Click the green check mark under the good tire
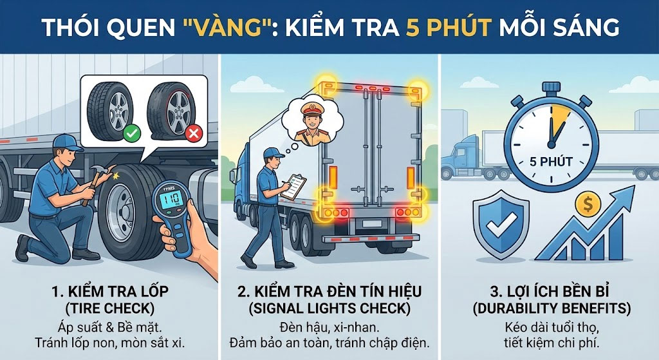[x=131, y=134]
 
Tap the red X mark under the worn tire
[x=193, y=134]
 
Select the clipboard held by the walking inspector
[x=293, y=186]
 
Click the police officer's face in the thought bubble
[x=309, y=122]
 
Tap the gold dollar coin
[x=588, y=205]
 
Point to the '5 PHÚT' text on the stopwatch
[x=551, y=162]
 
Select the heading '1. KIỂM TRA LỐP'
[x=109, y=292]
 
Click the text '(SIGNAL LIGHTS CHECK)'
[x=329, y=308]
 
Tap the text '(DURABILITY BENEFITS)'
[x=552, y=308]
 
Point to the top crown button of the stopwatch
[x=551, y=88]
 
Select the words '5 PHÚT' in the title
[x=449, y=27]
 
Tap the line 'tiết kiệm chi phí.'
[x=552, y=343]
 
